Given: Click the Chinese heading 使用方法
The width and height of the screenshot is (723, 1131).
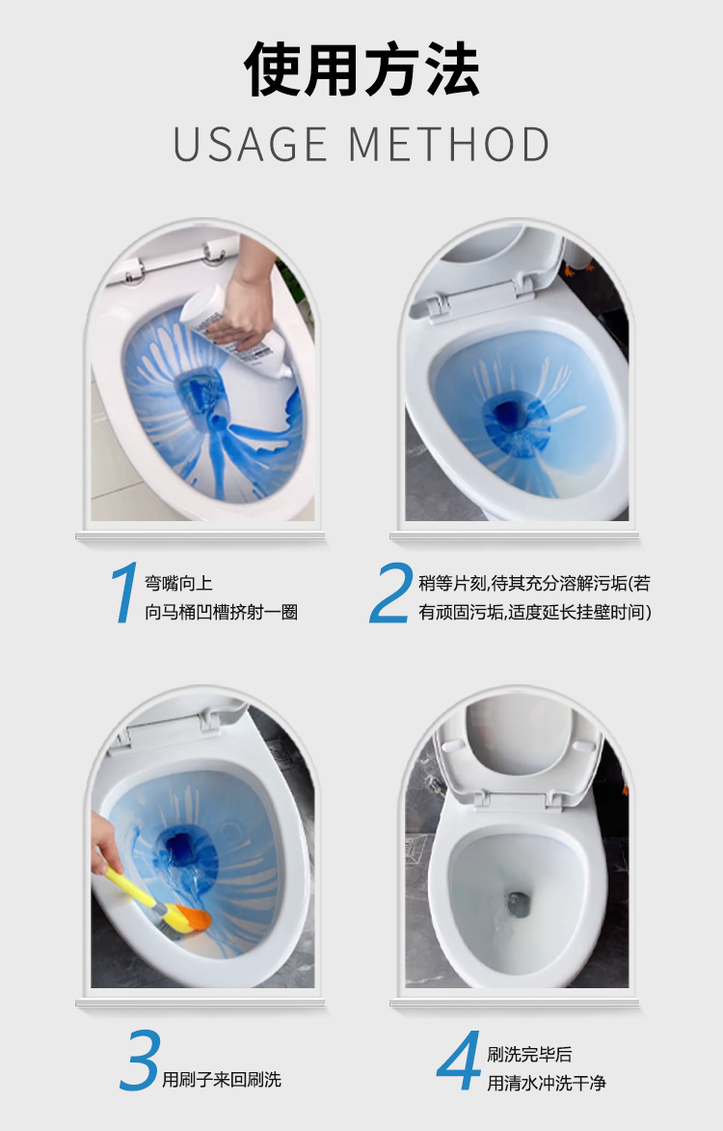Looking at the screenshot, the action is (x=361, y=69).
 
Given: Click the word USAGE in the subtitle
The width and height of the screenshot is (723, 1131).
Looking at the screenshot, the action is (x=251, y=144).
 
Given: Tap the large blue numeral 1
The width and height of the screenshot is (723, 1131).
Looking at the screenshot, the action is (x=125, y=593).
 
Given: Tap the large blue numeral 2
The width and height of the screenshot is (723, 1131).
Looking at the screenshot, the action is (x=390, y=593).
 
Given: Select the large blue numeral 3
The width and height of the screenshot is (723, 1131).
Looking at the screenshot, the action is (x=140, y=1060).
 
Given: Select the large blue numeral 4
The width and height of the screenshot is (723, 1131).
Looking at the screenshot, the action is (x=459, y=1060).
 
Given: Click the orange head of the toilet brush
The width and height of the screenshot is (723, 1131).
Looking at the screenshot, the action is (x=190, y=918).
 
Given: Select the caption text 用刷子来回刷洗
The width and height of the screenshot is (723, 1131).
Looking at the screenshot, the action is (x=222, y=1080).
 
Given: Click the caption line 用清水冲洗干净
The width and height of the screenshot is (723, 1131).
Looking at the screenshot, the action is (x=547, y=1083).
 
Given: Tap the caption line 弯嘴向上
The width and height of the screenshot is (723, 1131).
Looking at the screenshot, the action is (x=178, y=584).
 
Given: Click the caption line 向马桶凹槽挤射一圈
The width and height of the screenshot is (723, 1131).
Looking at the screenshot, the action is (x=222, y=613).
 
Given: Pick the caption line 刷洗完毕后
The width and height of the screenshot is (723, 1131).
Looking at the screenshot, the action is (x=530, y=1055).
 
